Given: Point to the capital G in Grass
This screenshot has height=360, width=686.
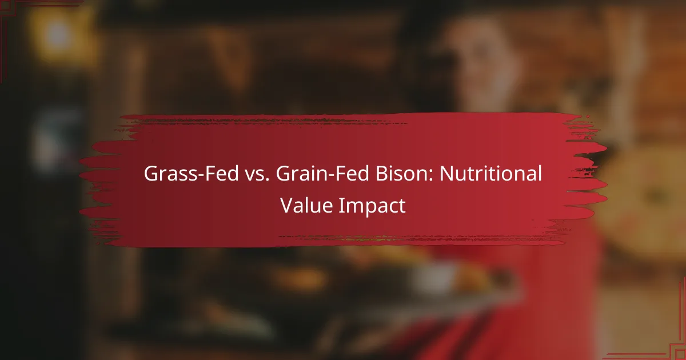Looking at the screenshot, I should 151,174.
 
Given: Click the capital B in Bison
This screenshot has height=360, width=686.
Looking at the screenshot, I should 359,174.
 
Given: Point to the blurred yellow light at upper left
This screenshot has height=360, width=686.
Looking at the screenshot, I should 57,34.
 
